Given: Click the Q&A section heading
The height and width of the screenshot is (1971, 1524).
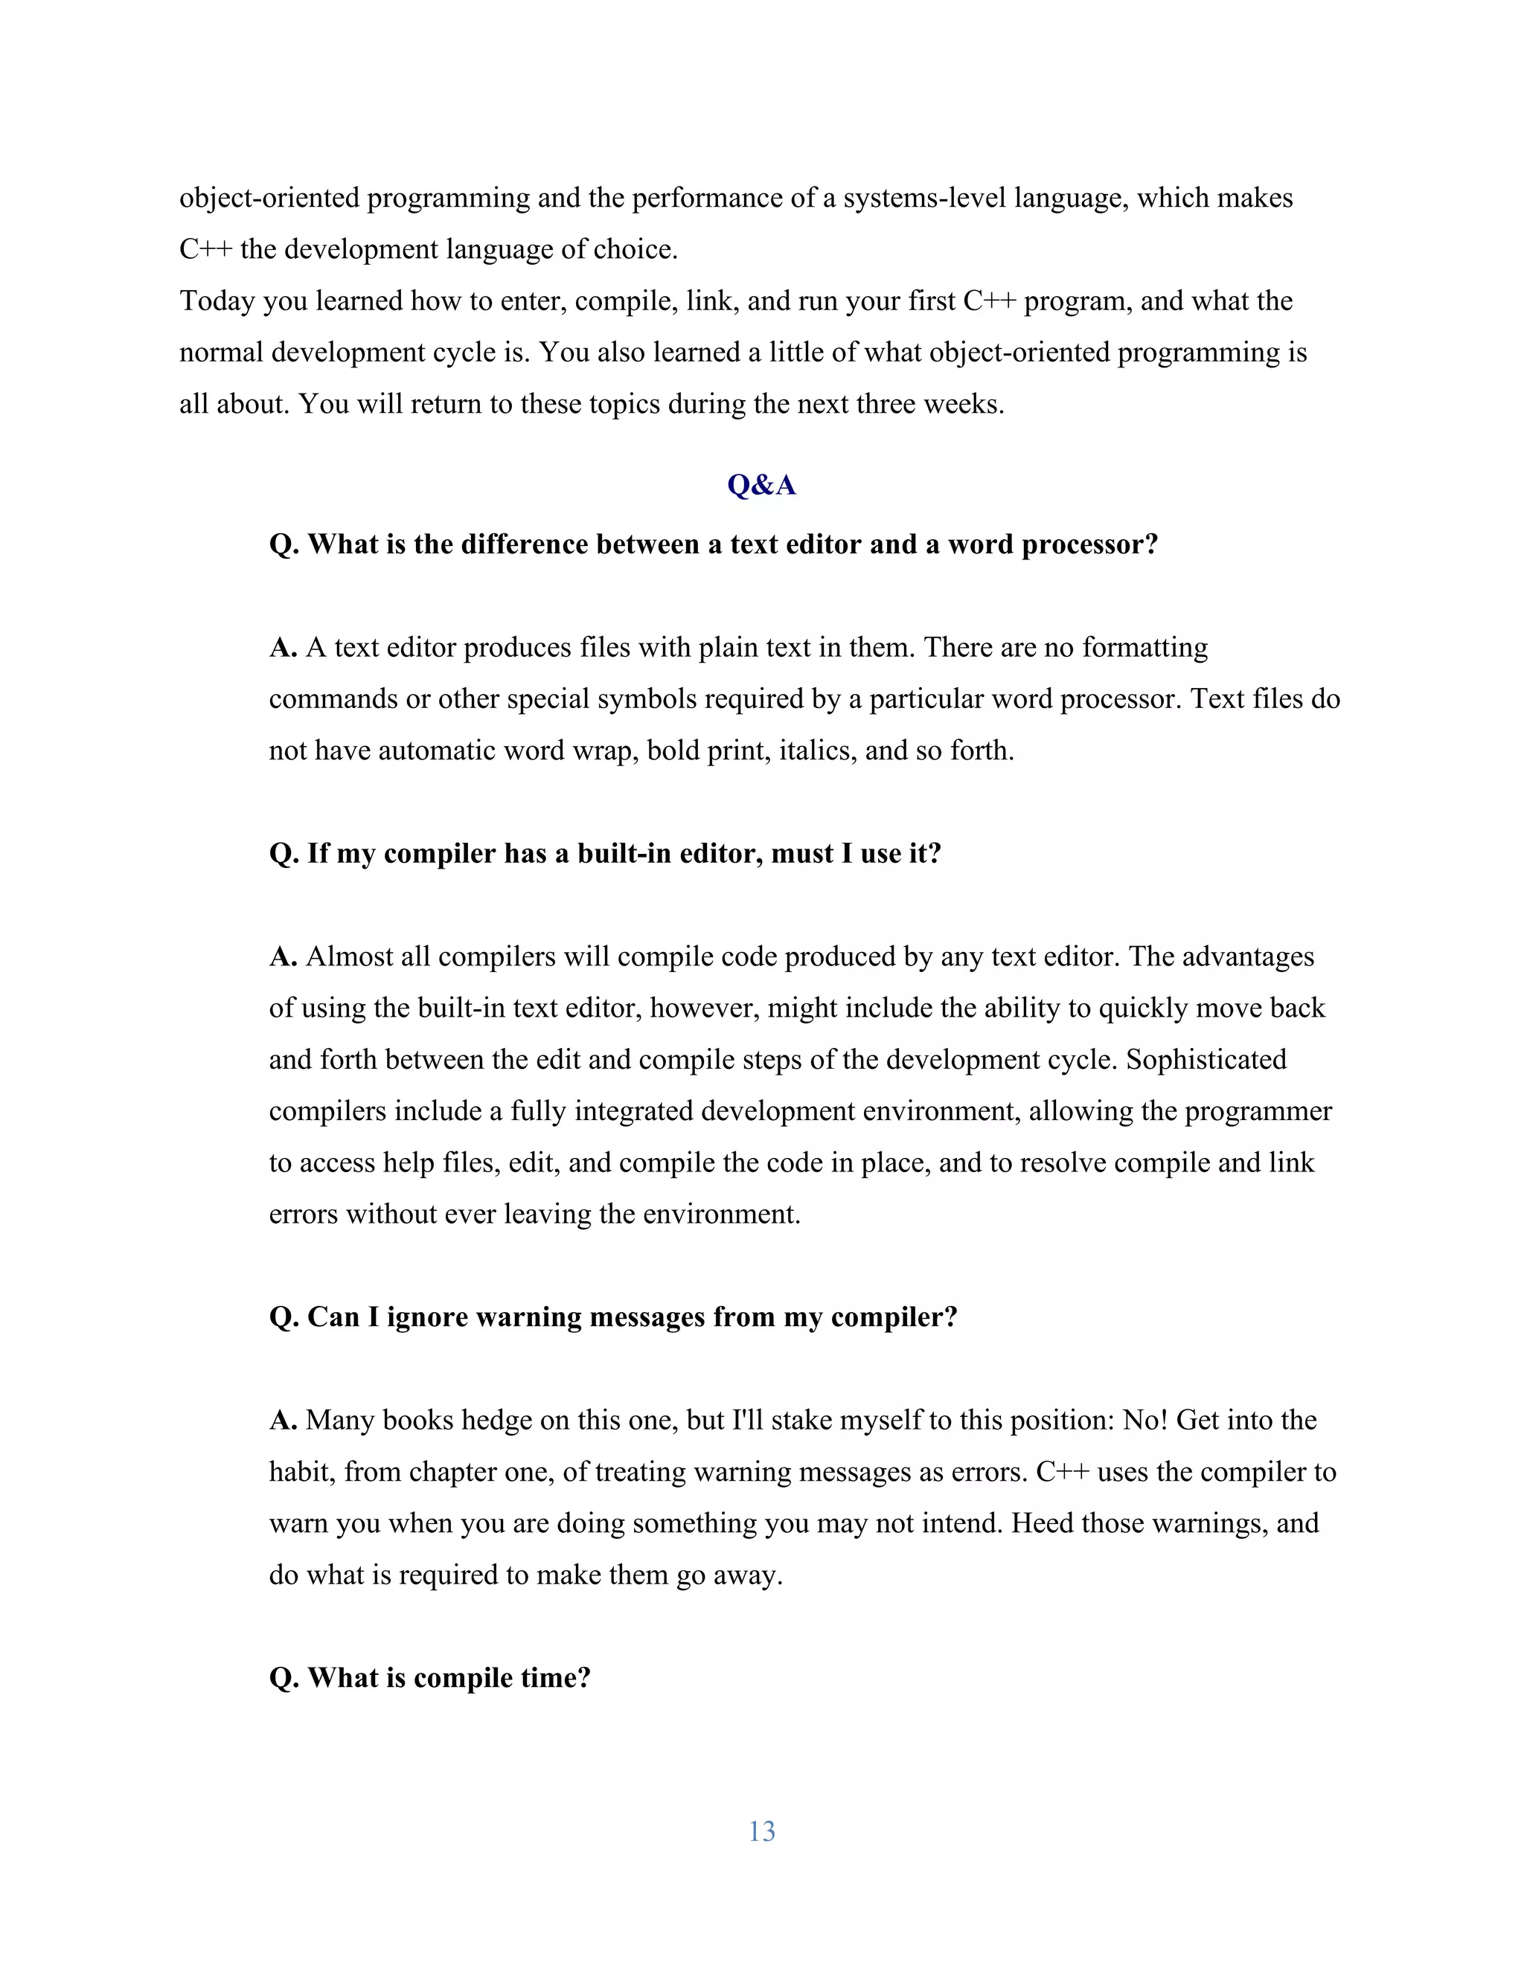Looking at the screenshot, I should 761,486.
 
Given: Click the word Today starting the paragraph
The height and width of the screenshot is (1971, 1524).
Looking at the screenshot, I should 217,300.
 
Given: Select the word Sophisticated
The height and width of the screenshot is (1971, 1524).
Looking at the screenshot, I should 1206,1059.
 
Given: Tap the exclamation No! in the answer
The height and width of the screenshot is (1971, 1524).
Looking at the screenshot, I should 1144,1421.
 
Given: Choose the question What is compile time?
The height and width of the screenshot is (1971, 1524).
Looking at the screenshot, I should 430,1678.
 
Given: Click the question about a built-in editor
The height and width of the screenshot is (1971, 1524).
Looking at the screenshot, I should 605,853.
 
